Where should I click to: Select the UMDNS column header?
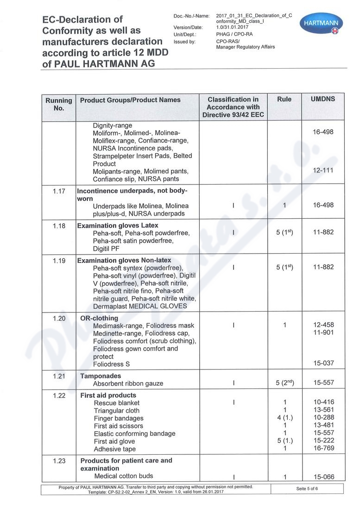[323, 99]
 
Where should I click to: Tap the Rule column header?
[284, 99]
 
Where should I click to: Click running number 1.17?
[59, 191]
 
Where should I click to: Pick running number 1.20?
[59, 319]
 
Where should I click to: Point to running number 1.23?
[59, 461]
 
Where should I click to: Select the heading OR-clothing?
[99, 319]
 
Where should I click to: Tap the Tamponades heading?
[101, 376]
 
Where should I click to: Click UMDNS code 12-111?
[323, 171]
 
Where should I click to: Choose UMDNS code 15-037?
[323, 363]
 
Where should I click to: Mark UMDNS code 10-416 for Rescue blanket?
[323, 402]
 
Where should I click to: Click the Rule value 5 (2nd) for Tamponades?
[284, 383]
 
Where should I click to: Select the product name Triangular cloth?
[116, 411]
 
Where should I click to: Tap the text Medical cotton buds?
[123, 476]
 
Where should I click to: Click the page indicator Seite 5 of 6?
[307, 489]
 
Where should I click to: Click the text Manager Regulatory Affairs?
[245, 47]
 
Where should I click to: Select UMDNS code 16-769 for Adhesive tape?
[323, 449]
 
